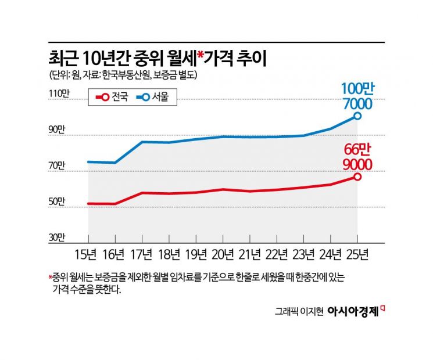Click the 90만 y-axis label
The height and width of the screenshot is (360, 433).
click(58, 129)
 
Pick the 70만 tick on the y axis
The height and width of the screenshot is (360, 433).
click(58, 165)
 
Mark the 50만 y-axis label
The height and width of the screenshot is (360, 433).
click(58, 201)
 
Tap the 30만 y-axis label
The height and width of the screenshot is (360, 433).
click(58, 237)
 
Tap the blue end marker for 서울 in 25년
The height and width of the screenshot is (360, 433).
click(357, 116)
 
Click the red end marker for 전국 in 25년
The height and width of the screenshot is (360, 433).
click(357, 177)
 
